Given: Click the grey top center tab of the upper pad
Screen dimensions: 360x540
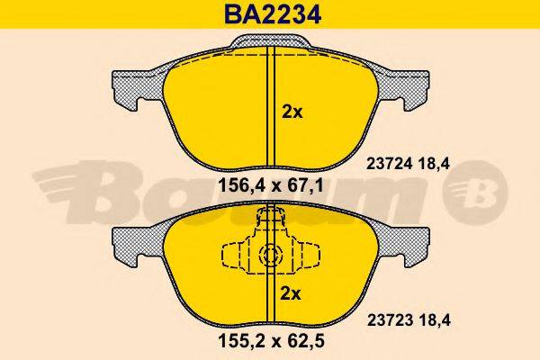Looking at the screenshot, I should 269,42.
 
